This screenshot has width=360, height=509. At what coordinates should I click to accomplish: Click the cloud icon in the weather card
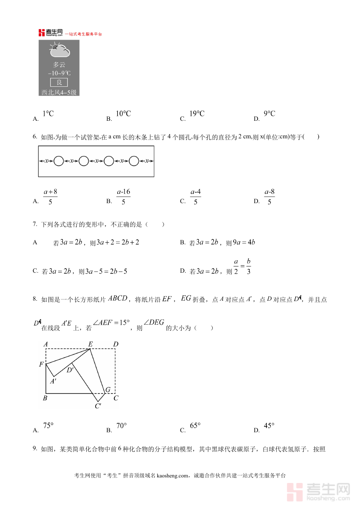tap(60, 50)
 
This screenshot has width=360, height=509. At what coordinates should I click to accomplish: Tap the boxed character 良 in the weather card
tap(59, 82)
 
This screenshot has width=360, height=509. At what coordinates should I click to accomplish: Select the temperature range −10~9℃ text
tap(59, 73)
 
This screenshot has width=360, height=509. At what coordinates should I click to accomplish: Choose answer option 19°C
tap(197, 114)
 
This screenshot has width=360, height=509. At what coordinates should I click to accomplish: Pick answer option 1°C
tap(48, 114)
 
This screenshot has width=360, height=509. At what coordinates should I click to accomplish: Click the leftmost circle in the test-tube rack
tap(59, 161)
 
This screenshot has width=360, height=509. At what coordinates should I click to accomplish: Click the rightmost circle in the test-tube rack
tap(134, 161)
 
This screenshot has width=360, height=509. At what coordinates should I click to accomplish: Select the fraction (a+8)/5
tap(50, 197)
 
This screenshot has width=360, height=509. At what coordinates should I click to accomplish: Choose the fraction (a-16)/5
tap(123, 197)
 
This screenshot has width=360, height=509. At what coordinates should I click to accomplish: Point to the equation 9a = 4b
tap(244, 242)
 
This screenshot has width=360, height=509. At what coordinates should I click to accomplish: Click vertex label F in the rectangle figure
tap(41, 364)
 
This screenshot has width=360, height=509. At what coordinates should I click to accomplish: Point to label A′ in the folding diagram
tap(53, 381)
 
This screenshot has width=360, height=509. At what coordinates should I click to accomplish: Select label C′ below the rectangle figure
tap(98, 406)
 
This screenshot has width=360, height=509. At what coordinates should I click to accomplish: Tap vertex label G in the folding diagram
tap(108, 390)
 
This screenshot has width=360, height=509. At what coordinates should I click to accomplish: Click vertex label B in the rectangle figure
tap(45, 398)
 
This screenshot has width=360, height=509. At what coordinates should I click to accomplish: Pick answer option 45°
tap(269, 426)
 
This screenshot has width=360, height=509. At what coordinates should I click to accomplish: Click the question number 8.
tap(35, 299)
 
